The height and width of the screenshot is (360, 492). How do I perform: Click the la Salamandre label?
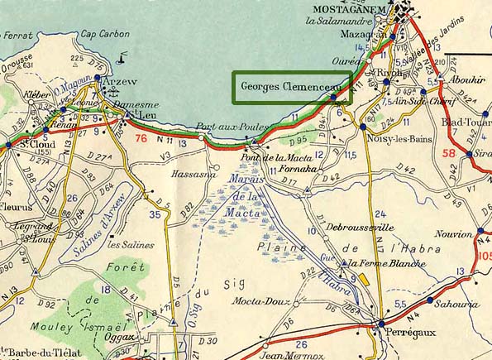(x=338, y=21)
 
